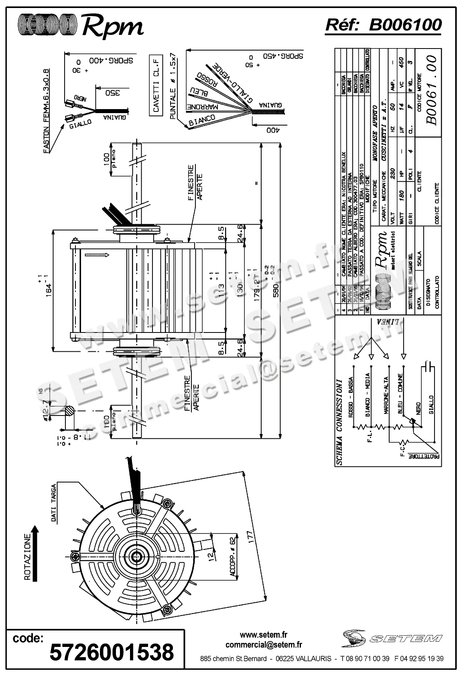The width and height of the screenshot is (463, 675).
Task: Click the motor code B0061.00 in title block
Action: pyautogui.click(x=432, y=91)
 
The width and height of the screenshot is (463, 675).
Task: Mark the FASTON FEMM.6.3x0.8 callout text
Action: pyautogui.click(x=47, y=111)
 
